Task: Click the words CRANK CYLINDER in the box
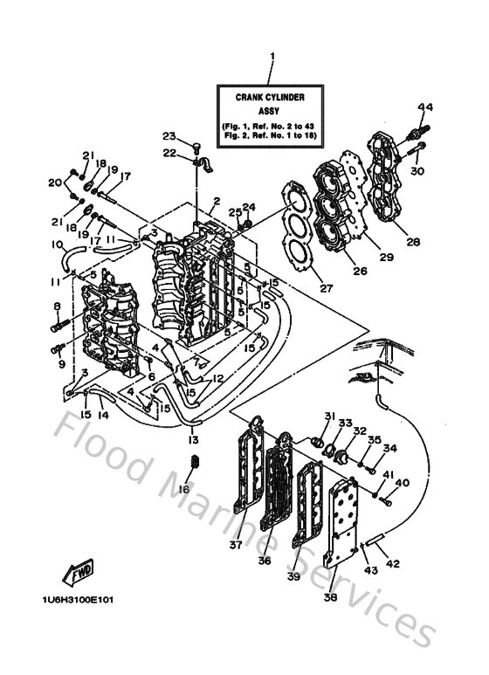[272, 100]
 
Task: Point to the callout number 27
[302, 287]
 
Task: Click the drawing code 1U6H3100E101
[76, 600]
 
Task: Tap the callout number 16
[184, 490]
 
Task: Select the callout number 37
[236, 546]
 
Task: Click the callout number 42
[393, 563]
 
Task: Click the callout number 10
[57, 245]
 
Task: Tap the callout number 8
[56, 307]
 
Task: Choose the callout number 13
[194, 439]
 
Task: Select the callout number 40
[402, 483]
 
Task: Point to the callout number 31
[330, 416]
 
